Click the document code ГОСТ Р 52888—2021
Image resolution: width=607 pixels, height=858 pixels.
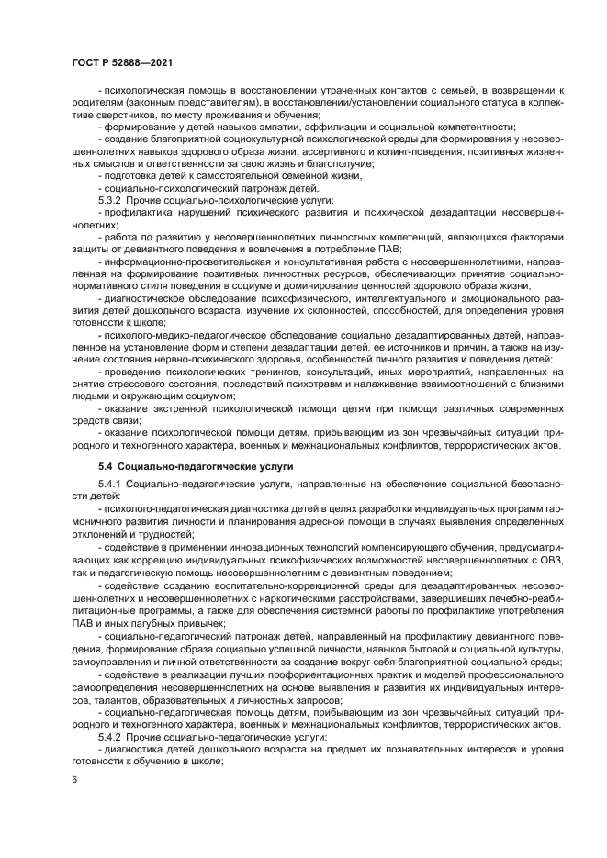click(x=122, y=61)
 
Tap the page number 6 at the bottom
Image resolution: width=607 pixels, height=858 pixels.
click(x=74, y=779)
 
